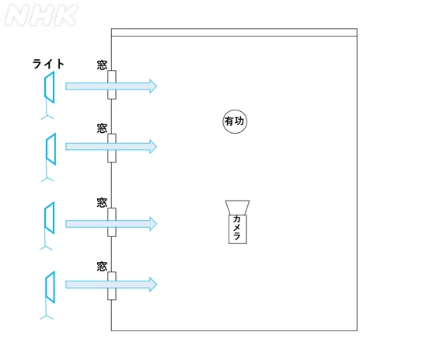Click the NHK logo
41,16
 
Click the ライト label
48,64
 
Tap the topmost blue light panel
50,87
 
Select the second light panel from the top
51,149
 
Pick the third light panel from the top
50,218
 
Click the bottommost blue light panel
51,287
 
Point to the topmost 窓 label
102,65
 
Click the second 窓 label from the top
102,128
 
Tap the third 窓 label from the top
102,202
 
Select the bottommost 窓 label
102,266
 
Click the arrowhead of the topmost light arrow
153,86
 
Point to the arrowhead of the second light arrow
153,146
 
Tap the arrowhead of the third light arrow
153,224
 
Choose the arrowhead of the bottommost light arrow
153,285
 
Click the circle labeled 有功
235,121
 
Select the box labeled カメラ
238,229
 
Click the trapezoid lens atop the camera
237,208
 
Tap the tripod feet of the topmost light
47,117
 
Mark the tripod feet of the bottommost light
47,317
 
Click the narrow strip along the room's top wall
234,33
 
